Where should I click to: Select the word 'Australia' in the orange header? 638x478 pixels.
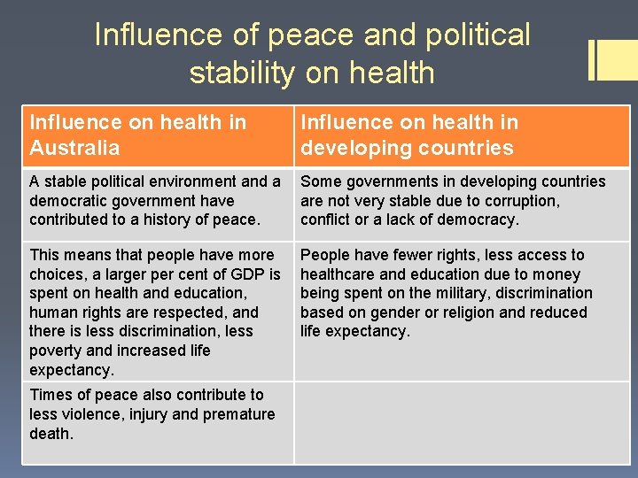[74, 147]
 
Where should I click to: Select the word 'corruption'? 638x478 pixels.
[517, 200]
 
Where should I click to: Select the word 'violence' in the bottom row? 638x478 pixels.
[93, 414]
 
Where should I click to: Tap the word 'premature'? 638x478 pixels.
[240, 414]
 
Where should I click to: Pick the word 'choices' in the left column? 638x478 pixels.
[58, 274]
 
